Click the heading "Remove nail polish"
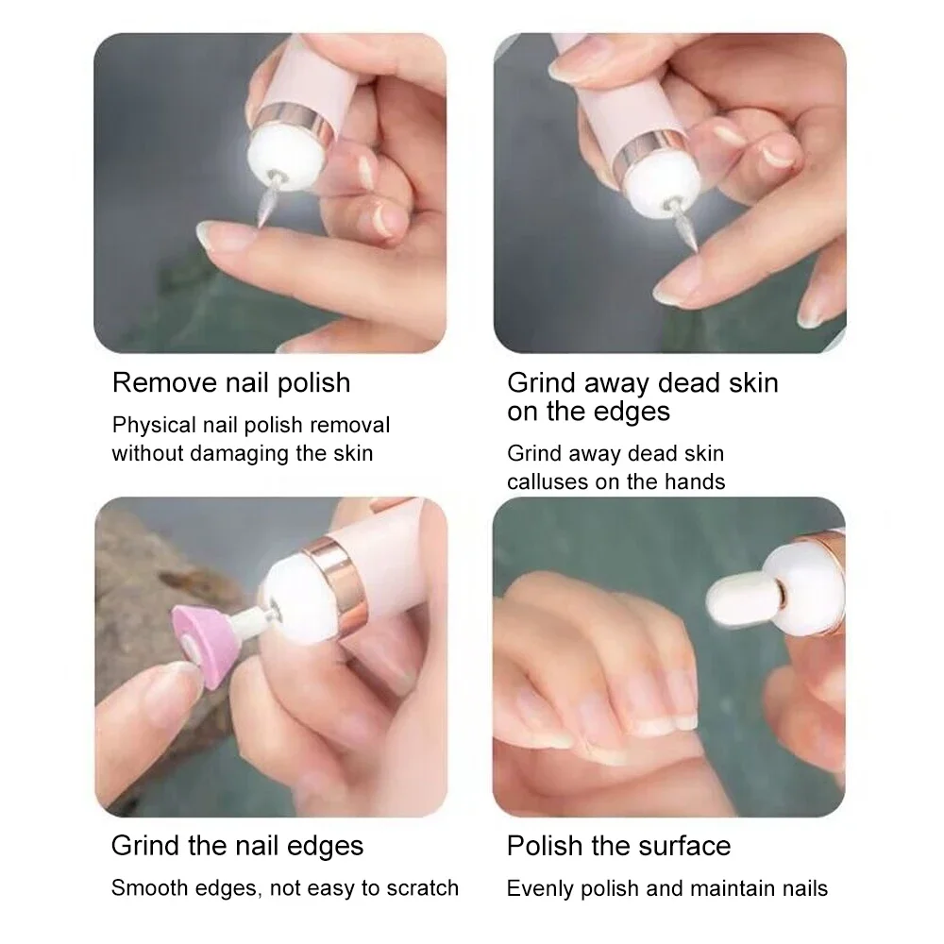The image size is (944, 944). click(x=231, y=382)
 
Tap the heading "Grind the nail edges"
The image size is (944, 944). click(x=237, y=845)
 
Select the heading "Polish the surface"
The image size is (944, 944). click(x=618, y=845)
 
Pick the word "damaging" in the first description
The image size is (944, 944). click(x=234, y=453)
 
